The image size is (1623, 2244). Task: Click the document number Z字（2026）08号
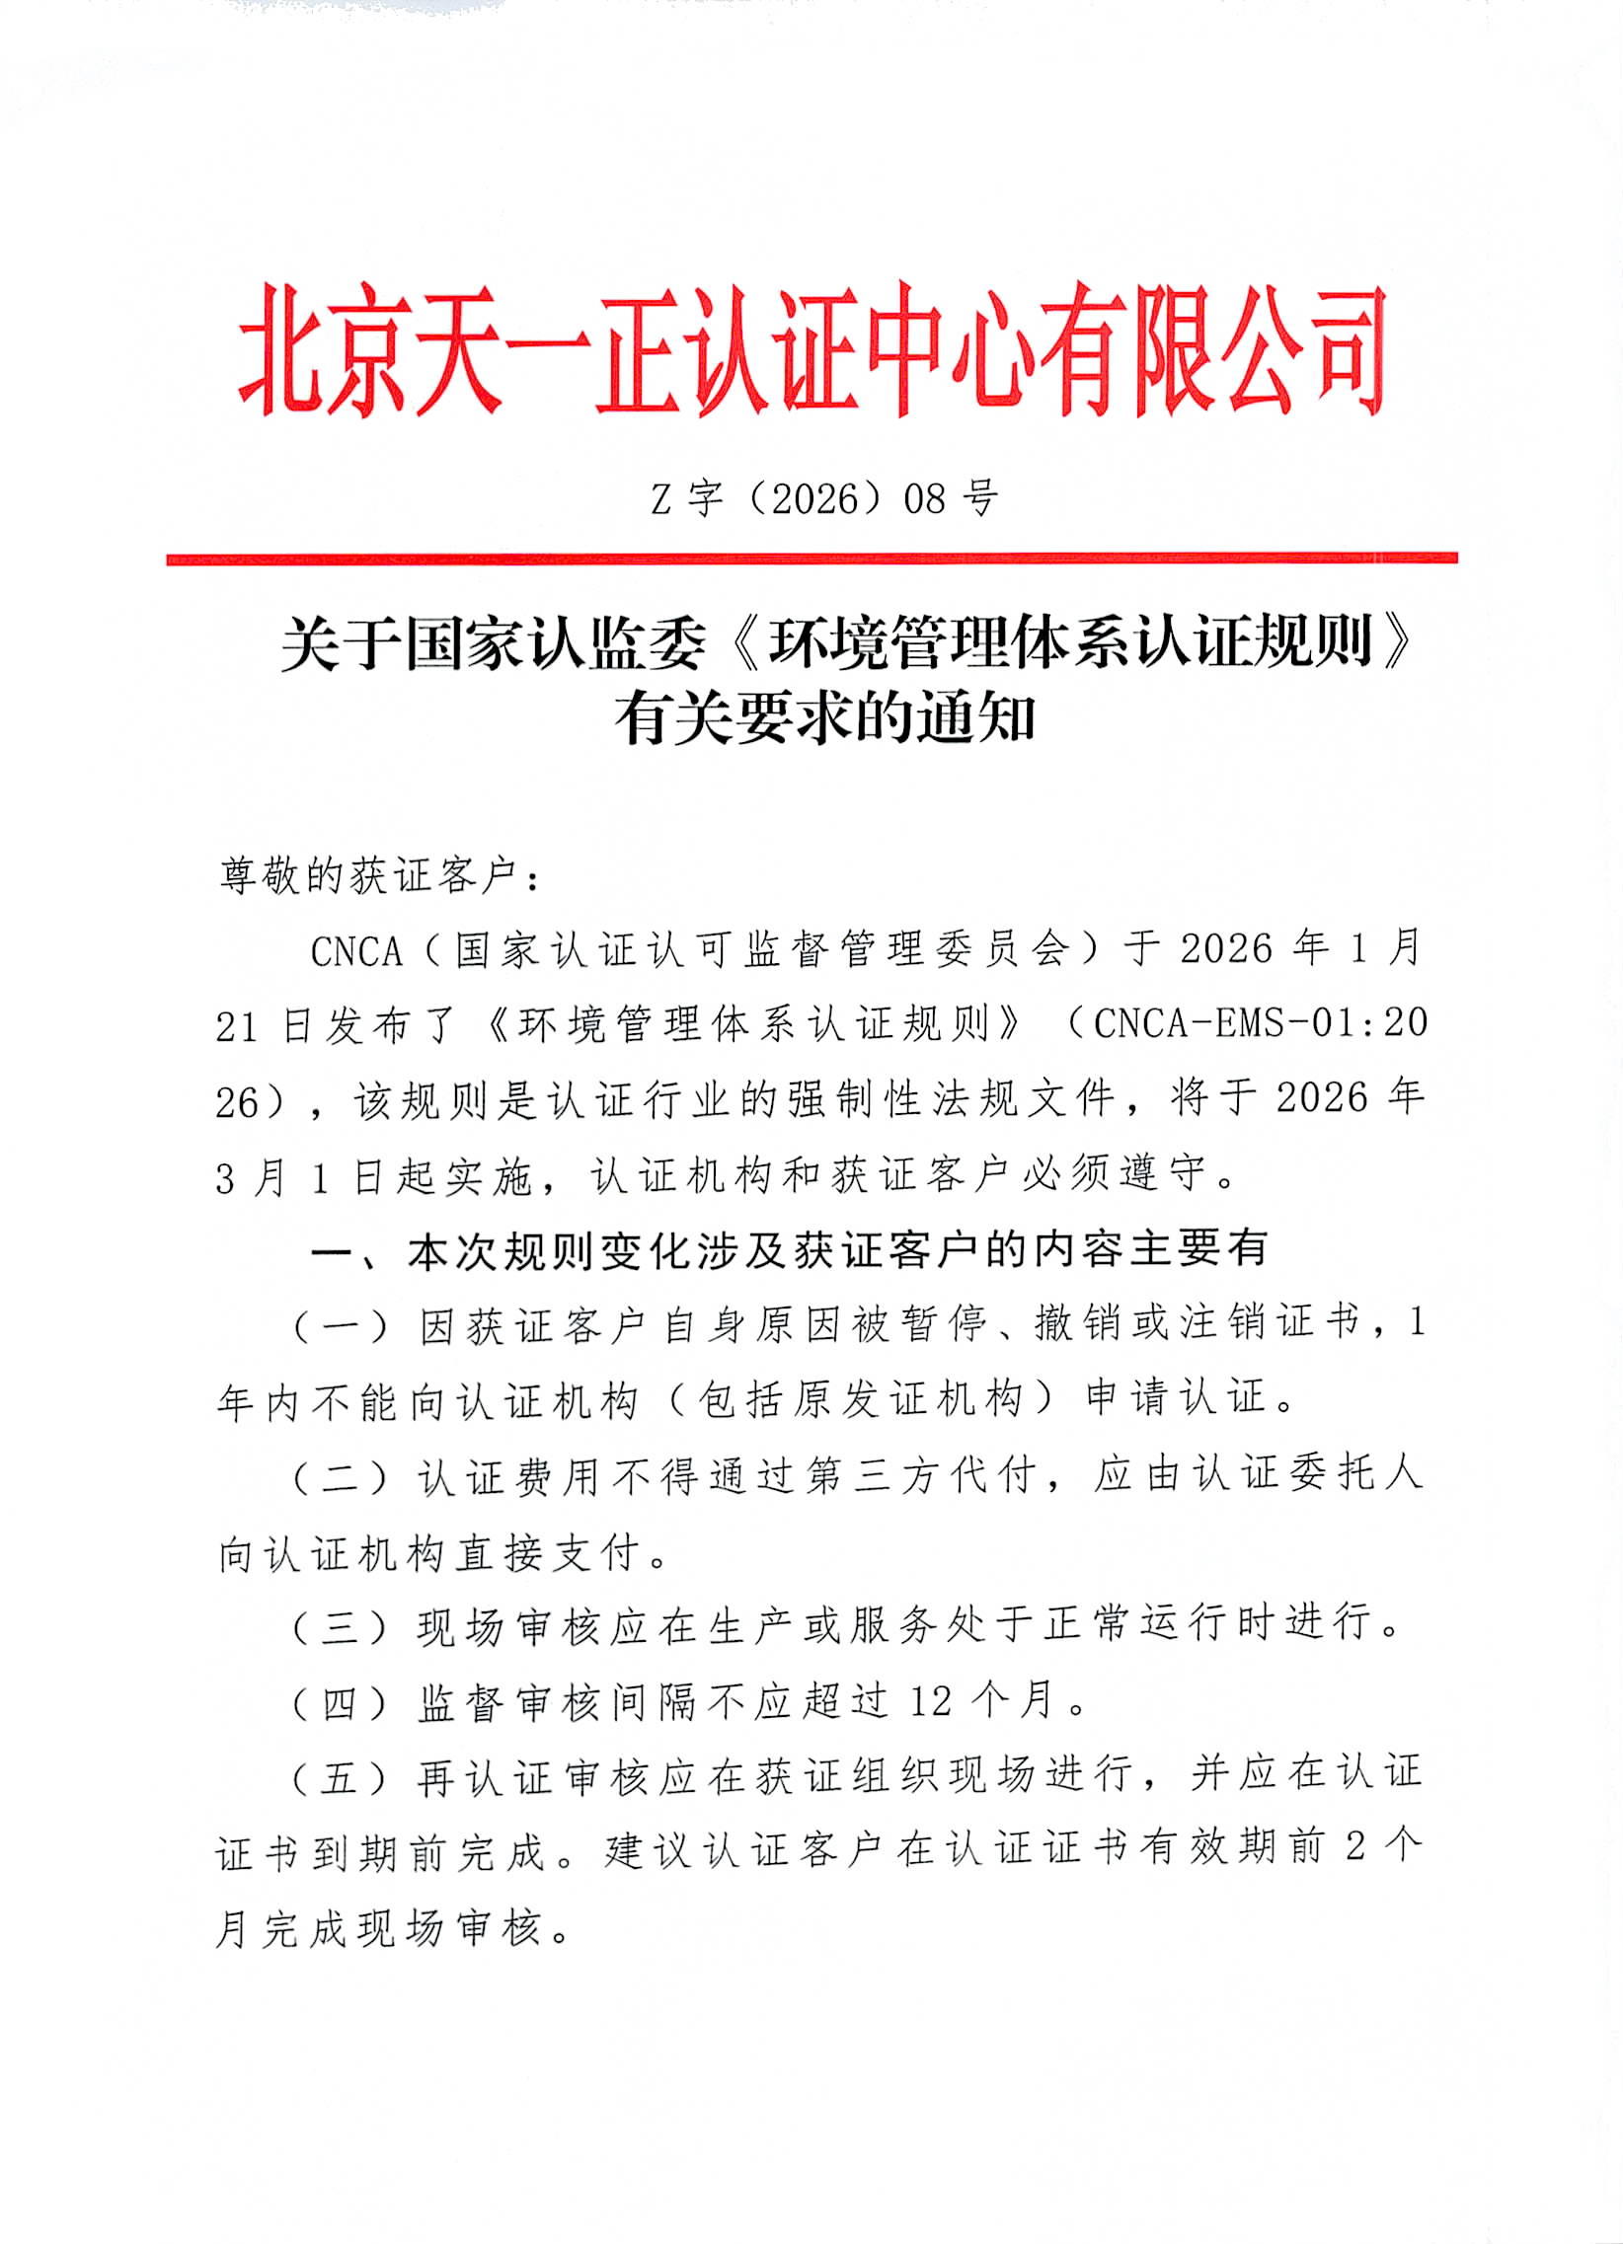click(824, 498)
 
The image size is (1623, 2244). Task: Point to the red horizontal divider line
click(811, 559)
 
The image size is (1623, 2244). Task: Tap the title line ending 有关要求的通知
click(824, 719)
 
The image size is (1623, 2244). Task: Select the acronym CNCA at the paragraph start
click(356, 951)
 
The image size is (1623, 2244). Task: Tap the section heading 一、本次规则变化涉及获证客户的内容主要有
click(789, 1249)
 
